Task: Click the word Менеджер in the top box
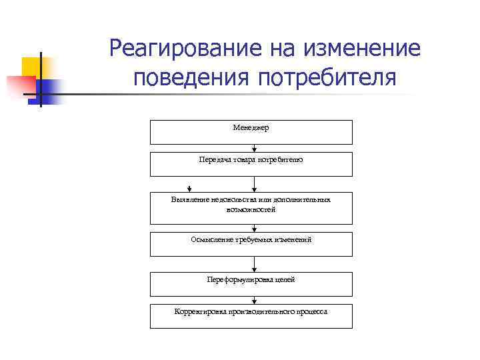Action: (251, 128)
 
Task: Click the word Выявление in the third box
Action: (190, 199)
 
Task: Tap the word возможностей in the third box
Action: (251, 209)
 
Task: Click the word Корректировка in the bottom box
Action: (199, 311)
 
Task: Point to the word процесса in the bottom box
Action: (311, 311)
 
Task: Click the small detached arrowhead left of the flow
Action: (190, 189)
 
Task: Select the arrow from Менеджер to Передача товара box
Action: (251, 148)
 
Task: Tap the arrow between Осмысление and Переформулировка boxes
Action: (251, 264)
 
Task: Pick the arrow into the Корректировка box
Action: (251, 301)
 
